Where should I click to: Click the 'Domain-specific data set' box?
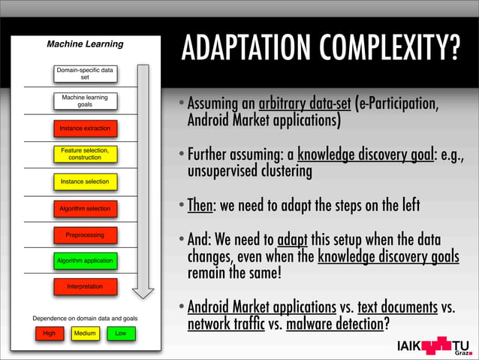(84, 74)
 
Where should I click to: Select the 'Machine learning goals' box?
(84, 101)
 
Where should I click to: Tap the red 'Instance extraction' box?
(84, 129)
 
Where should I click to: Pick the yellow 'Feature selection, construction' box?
(84, 154)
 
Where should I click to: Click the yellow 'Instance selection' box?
(84, 182)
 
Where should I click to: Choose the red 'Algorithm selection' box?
(84, 208)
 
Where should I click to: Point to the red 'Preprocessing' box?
(84, 234)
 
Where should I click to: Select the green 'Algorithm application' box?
(84, 261)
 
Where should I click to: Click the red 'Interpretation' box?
(84, 286)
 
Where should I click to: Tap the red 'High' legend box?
(49, 333)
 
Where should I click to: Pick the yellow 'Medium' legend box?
(84, 333)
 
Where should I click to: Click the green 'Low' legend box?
(119, 333)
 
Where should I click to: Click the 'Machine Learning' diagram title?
(85, 45)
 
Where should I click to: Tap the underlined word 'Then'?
(201, 205)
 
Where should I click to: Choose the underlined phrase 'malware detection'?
(334, 325)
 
